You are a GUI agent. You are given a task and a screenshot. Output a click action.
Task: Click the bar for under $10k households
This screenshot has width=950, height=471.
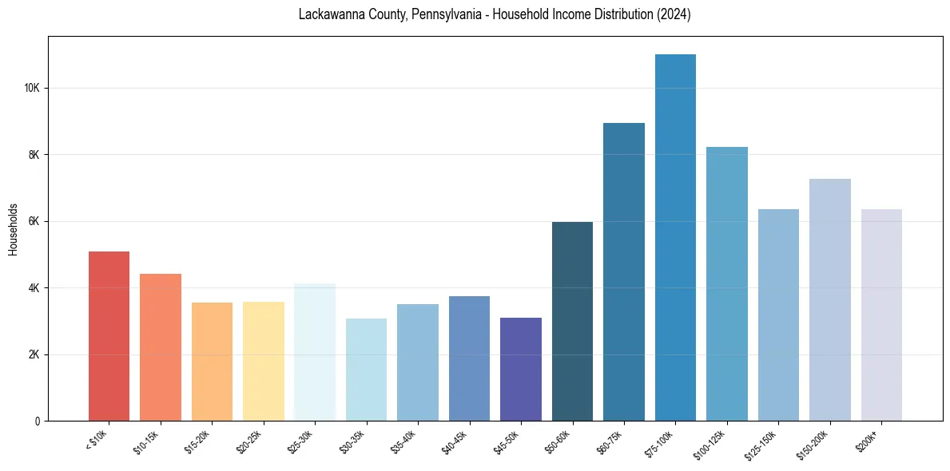pos(109,336)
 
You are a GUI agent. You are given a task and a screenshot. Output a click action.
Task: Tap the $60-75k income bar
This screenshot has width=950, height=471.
pos(624,271)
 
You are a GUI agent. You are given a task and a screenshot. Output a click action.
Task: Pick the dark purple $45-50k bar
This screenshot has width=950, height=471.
pos(521,369)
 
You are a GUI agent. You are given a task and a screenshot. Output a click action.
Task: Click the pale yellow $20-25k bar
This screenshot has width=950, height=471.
pos(263,361)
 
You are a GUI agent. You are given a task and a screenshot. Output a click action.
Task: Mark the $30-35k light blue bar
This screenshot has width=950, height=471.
pos(366,370)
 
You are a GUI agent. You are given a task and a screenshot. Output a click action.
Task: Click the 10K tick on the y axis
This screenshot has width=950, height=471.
pos(33,88)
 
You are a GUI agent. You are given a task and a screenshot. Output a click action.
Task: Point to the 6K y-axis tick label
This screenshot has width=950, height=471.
pos(34,221)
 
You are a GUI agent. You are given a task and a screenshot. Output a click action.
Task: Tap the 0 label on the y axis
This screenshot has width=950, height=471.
pos(38,421)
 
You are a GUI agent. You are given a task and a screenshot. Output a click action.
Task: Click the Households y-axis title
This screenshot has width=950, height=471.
pos(13,228)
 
